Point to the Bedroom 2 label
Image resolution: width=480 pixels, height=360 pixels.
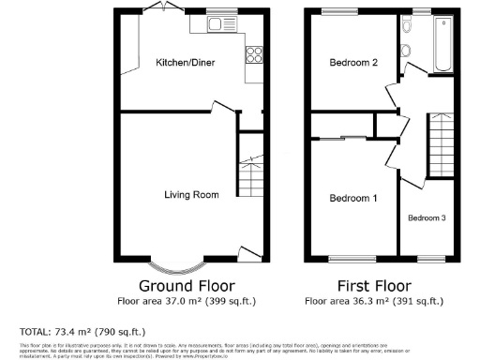point(354,63)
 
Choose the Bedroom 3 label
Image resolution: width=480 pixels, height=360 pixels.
point(426,217)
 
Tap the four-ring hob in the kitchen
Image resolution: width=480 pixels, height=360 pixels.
point(254,55)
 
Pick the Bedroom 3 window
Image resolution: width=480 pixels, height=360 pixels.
point(430,257)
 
